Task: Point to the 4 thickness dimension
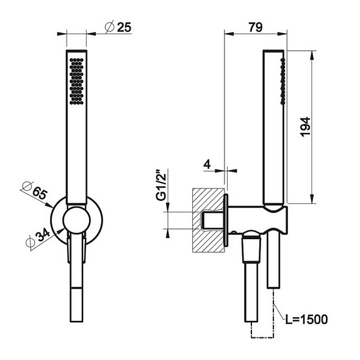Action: (x=207, y=165)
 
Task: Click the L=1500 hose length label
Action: (x=308, y=319)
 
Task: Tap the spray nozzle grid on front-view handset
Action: (x=77, y=81)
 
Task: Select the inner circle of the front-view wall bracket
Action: (x=76, y=220)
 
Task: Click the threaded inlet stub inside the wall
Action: (x=211, y=220)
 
